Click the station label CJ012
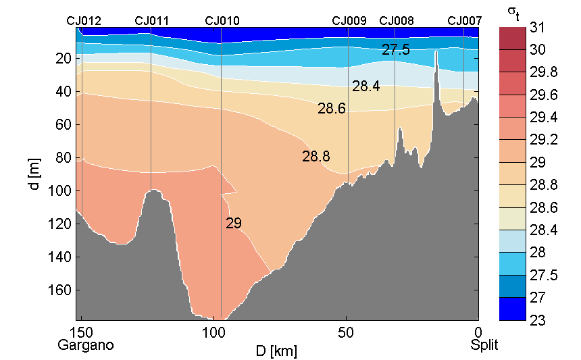pyautogui.click(x=84, y=21)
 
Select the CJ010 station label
pyautogui.click(x=222, y=21)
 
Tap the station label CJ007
pyautogui.click(x=465, y=21)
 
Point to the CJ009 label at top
pyautogui.click(x=349, y=21)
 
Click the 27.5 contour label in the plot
pyautogui.click(x=395, y=50)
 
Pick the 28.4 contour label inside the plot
pyautogui.click(x=365, y=86)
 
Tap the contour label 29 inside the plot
pyautogui.click(x=234, y=223)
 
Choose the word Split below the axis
pyautogui.click(x=484, y=345)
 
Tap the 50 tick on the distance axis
pyautogui.click(x=346, y=332)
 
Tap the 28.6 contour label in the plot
pyautogui.click(x=332, y=108)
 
